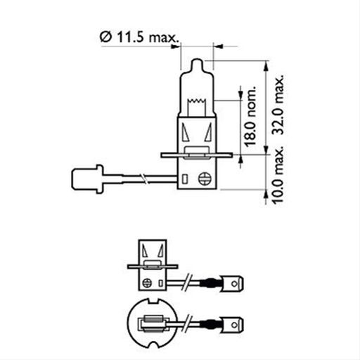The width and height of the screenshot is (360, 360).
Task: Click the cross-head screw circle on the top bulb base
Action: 206,179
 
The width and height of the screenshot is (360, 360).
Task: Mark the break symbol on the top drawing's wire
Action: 143,177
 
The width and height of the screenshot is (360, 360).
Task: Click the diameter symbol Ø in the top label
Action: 104,37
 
